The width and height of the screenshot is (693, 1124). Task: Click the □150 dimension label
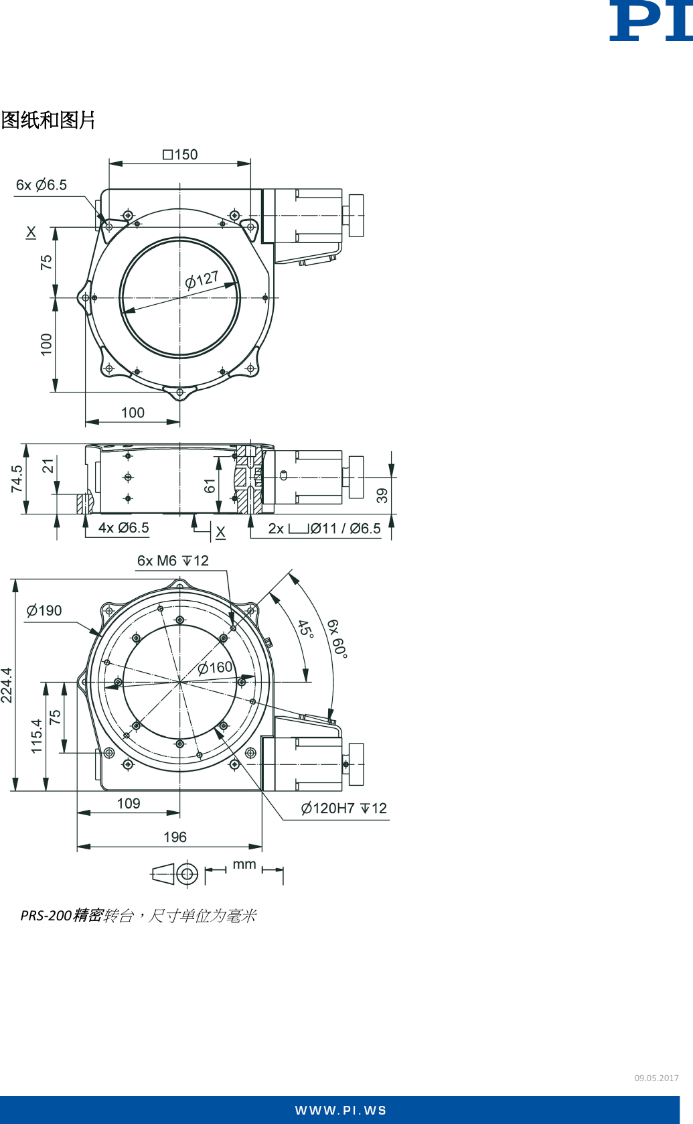[180, 155]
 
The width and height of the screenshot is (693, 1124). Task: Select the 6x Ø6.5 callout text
[42, 185]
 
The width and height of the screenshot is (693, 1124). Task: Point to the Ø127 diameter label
[202, 279]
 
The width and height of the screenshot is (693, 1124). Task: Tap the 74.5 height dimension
[17, 479]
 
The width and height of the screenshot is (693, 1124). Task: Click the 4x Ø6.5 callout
[123, 528]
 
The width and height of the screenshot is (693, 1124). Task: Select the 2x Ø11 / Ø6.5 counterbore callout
[324, 529]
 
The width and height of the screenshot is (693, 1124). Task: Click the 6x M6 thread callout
[173, 561]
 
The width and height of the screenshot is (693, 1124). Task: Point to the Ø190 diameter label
[44, 611]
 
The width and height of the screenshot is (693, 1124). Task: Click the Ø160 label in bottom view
[215, 668]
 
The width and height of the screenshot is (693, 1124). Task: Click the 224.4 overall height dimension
[7, 685]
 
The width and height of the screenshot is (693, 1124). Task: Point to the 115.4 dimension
[36, 736]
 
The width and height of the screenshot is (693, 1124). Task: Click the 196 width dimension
[175, 837]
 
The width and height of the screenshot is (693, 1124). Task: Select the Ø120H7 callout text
[343, 809]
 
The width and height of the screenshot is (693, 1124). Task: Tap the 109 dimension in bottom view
[129, 804]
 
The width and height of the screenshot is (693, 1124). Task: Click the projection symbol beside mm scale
[175, 874]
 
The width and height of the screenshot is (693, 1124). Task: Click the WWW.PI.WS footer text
[341, 1111]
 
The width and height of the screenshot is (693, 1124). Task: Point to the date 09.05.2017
[656, 1078]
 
